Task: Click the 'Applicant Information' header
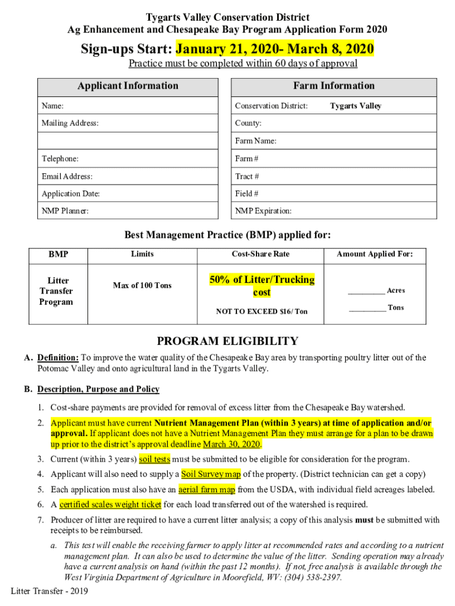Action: [128, 86]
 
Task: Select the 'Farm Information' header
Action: [334, 86]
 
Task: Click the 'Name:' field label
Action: [53, 106]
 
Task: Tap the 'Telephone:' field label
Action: [60, 159]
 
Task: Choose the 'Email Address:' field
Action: [67, 176]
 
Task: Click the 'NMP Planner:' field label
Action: [65, 211]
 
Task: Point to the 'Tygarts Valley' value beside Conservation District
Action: [355, 106]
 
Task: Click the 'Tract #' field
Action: [247, 176]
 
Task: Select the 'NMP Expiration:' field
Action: [263, 211]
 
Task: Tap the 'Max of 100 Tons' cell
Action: [142, 286]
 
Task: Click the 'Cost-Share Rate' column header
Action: [261, 254]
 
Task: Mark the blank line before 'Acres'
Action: [366, 291]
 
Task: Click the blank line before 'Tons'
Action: [367, 308]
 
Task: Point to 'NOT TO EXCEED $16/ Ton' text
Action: [261, 311]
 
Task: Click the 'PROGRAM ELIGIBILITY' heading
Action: [227, 341]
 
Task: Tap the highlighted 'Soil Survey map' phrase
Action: [211, 474]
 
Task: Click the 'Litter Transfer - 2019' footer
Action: [50, 591]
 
